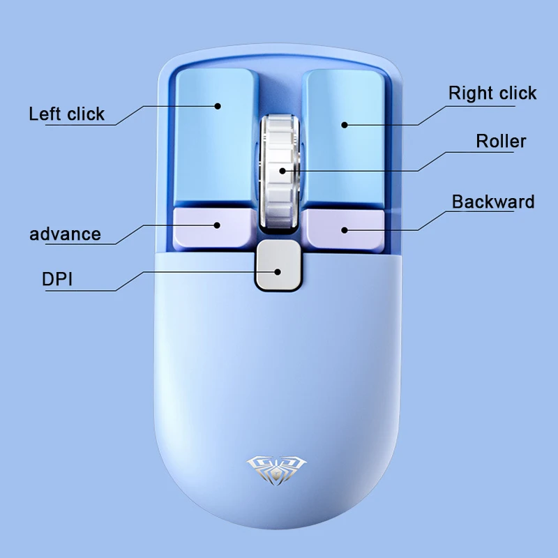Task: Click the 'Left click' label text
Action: (66, 114)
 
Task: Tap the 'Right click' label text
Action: (492, 93)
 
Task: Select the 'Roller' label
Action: (501, 141)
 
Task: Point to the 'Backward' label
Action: (493, 202)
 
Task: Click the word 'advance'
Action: (65, 234)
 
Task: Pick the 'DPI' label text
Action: (58, 280)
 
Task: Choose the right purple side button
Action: (344, 227)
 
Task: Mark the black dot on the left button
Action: (218, 106)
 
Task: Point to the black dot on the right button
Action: (344, 125)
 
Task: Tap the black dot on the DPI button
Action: (278, 271)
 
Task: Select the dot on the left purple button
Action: (218, 225)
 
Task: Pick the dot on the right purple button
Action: (345, 229)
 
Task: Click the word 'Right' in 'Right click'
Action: (469, 93)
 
